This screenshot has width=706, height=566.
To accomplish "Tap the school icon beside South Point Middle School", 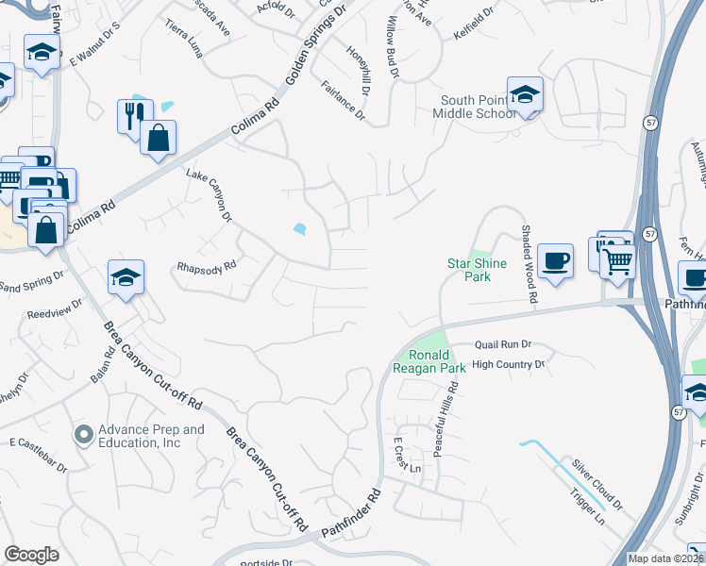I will click(x=525, y=95).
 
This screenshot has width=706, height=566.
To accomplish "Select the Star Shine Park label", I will click(x=477, y=270).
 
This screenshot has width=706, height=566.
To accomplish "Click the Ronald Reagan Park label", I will click(x=429, y=362).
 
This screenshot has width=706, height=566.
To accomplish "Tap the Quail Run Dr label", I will click(x=504, y=345).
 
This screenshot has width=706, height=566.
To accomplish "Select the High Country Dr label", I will click(x=509, y=364).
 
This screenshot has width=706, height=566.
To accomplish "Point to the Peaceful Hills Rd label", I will click(x=454, y=415).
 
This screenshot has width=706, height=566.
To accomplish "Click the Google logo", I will click(x=31, y=555).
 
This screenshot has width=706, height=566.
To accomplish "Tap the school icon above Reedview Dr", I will click(x=126, y=278).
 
